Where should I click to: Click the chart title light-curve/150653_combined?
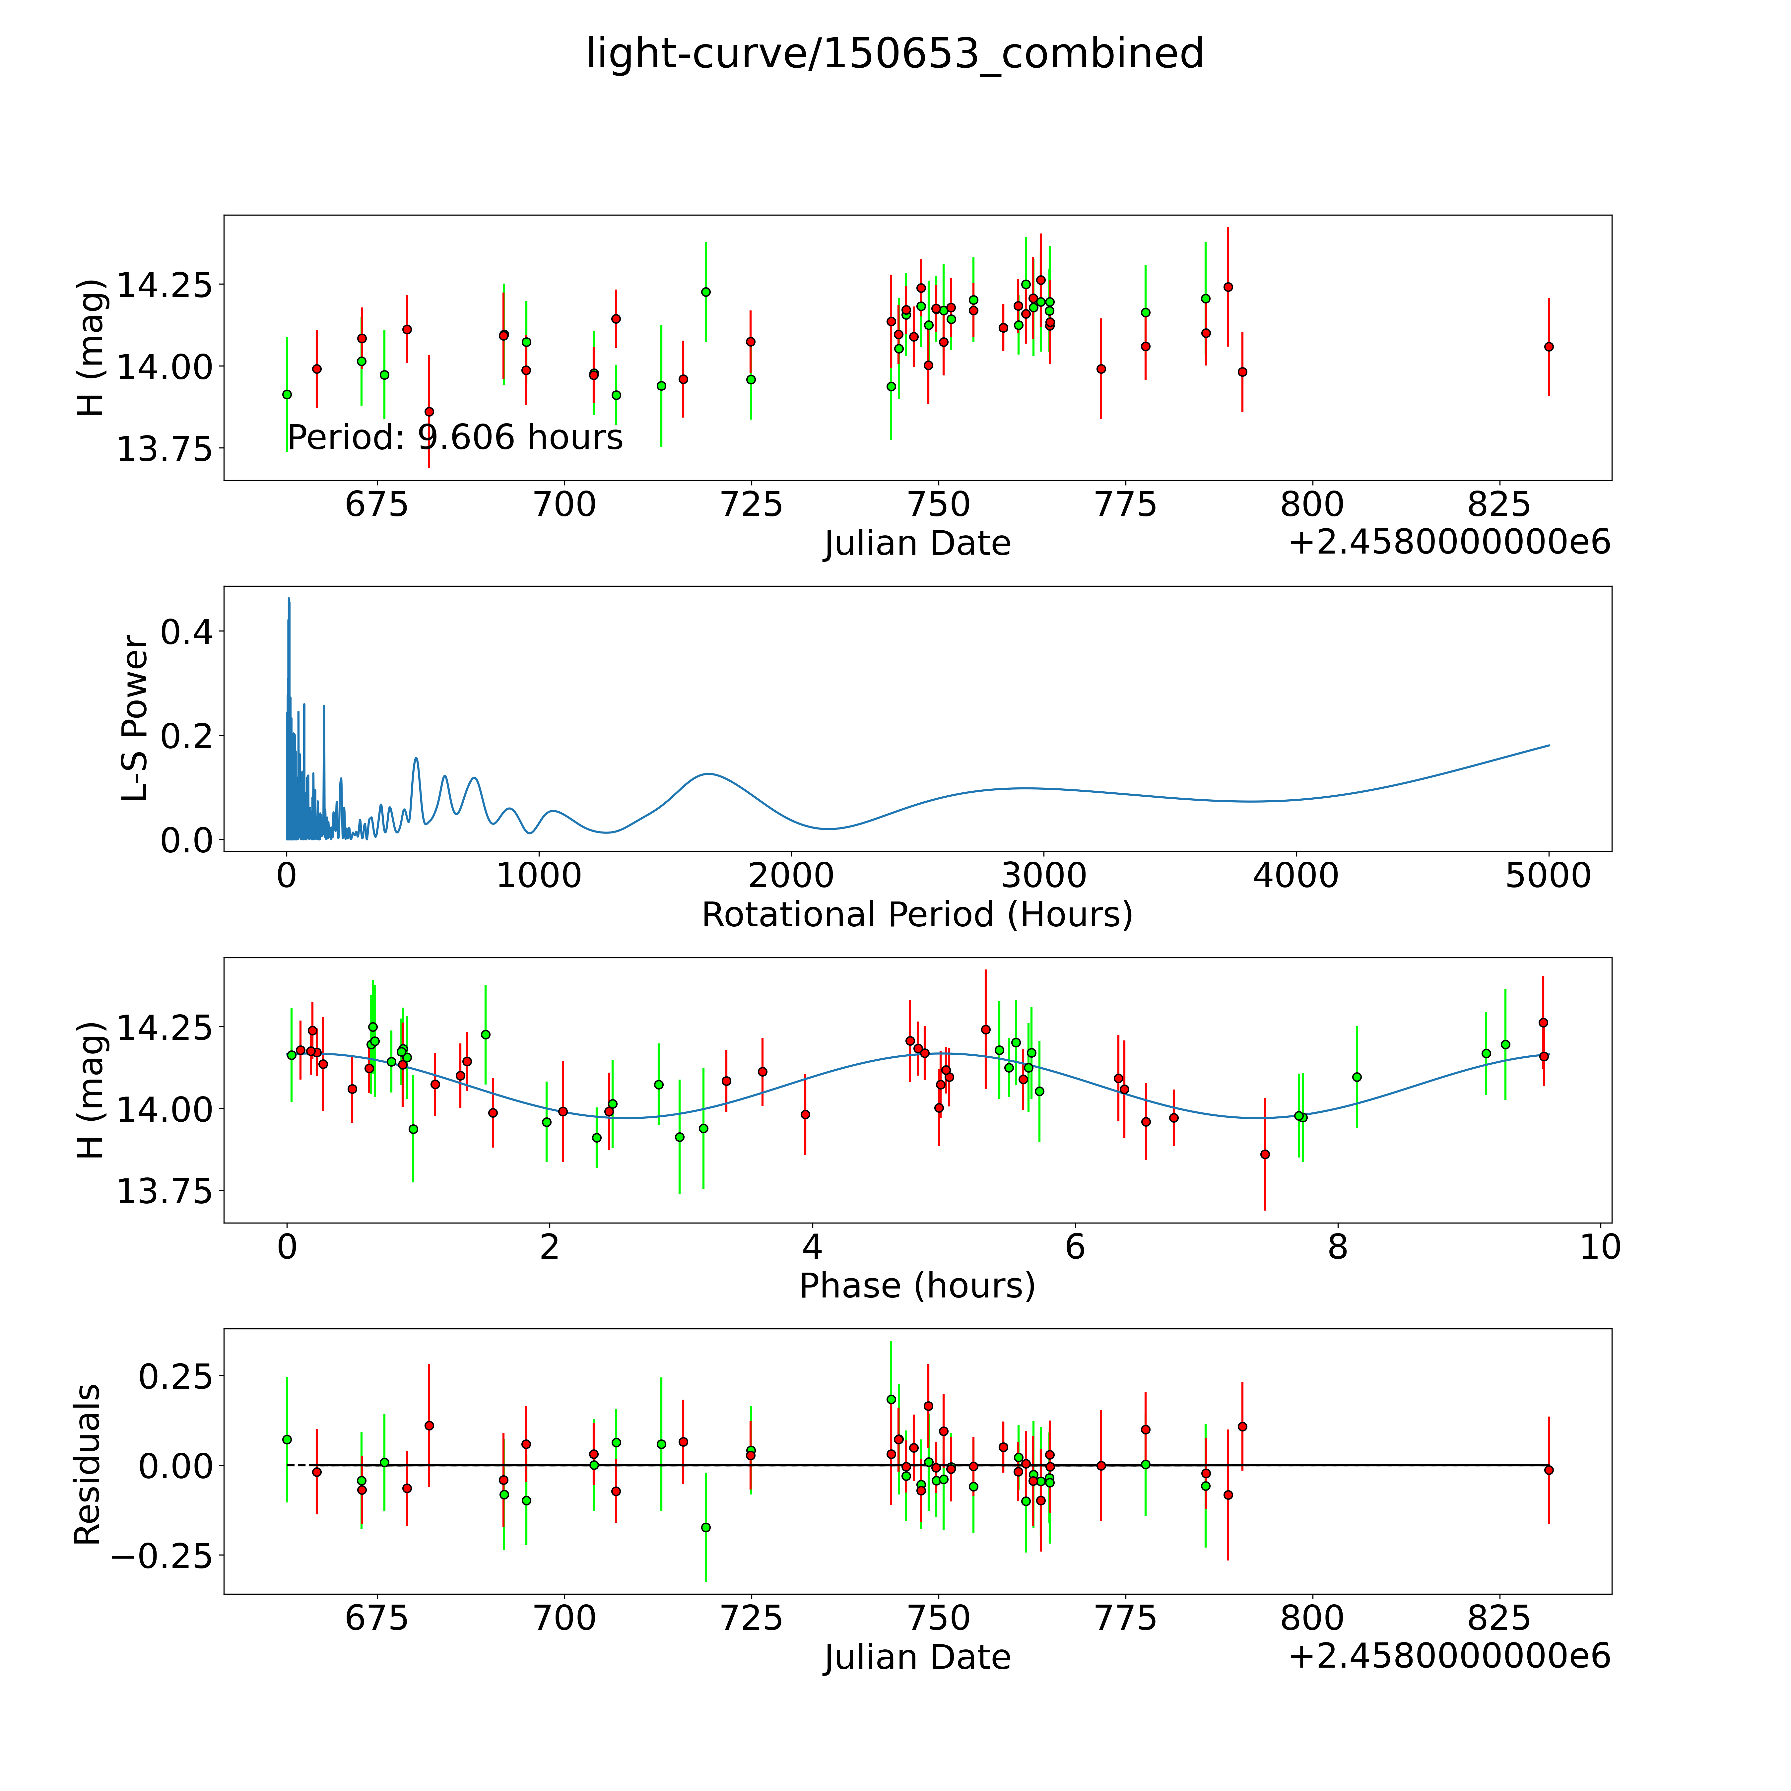point(895,54)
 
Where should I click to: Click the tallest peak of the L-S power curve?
point(288,600)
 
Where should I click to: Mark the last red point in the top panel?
point(1548,347)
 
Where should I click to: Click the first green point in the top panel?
point(287,394)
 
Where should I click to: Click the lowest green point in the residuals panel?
point(705,1527)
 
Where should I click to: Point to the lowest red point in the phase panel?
point(1264,1154)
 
